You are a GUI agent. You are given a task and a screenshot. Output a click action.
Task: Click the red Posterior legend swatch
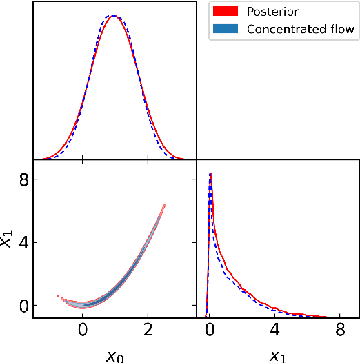coord(226,12)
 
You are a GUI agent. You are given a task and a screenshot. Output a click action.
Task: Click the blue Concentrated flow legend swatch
coord(226,28)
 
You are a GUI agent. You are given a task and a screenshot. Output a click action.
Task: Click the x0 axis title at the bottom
coord(114,355)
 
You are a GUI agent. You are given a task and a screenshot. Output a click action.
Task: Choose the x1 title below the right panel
coord(276,355)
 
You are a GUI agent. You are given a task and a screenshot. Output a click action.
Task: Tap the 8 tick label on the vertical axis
coord(23,180)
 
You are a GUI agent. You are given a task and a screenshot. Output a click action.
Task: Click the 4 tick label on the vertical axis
coord(23,243)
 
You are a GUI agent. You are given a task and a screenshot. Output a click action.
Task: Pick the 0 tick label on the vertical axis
coord(23,305)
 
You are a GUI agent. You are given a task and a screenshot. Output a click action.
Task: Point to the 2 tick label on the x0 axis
coord(147,331)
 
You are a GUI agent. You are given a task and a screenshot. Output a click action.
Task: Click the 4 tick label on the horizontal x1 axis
coord(274,331)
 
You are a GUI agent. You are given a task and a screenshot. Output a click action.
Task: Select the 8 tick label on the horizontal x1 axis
coord(339,331)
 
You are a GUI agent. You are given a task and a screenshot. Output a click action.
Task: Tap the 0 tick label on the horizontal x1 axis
coord(210,331)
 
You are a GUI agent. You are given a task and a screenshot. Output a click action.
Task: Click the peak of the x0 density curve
coord(114,16)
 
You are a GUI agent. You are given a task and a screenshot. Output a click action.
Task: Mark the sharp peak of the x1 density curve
coord(210,175)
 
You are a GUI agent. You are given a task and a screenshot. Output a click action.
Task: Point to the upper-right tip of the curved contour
coord(165,204)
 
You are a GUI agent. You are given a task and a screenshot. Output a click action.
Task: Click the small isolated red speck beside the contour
coord(58,296)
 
